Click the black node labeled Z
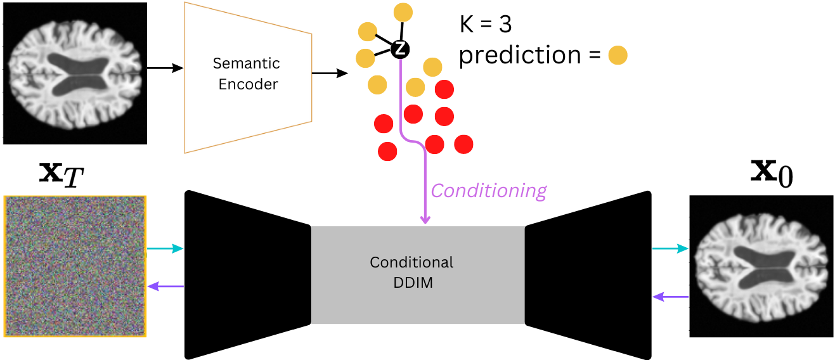(400, 49)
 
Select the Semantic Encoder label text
(247, 74)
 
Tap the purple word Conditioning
(489, 190)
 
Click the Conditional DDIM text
(411, 273)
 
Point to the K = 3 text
(486, 24)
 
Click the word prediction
(520, 56)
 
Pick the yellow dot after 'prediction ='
(618, 55)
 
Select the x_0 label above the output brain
(772, 173)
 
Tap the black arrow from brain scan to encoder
(165, 68)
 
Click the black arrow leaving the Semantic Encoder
(330, 73)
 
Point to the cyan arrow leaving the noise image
(165, 248)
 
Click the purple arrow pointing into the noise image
(165, 286)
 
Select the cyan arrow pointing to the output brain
(670, 248)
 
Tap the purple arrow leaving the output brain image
(671, 297)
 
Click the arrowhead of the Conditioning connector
(425, 219)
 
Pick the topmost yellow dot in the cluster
(403, 12)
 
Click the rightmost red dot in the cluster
(463, 145)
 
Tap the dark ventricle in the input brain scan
(77, 75)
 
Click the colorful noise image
(75, 266)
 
